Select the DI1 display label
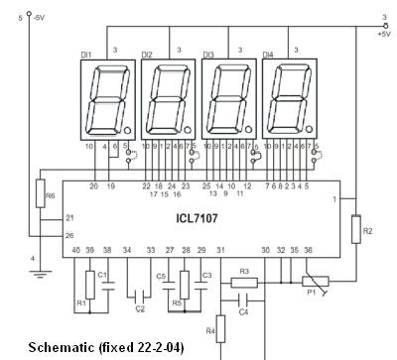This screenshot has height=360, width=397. pos(86,54)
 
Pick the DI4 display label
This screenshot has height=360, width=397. pos(268,54)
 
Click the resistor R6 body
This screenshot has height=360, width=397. pos(40,192)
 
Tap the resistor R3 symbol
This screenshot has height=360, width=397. pos(243,282)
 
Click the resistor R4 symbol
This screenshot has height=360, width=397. pos(219,324)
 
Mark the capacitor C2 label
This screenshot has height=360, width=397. pos(139,309)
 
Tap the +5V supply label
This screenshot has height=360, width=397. pos(383,33)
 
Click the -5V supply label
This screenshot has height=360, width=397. pos(36,17)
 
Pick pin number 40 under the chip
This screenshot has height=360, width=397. pos(74,250)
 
